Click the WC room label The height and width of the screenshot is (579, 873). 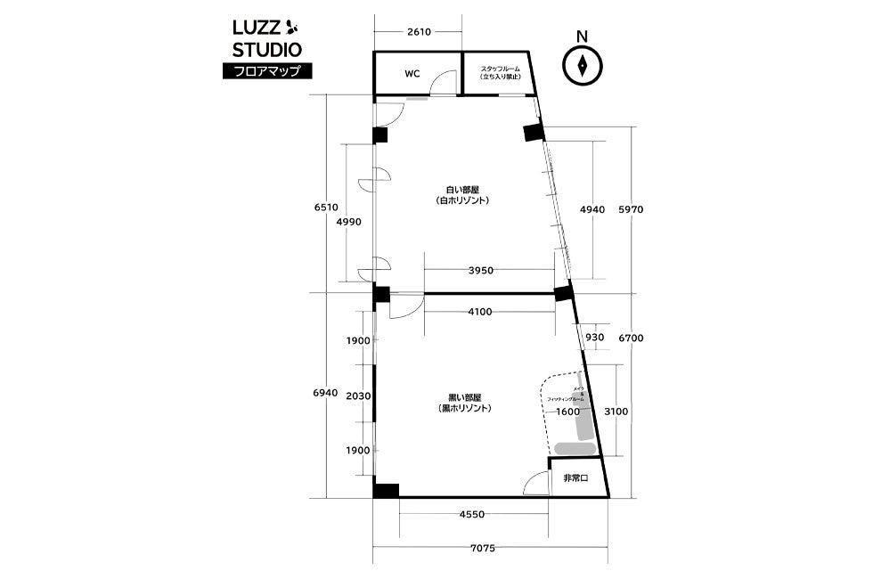click(412, 73)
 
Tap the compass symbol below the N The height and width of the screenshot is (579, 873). click(581, 65)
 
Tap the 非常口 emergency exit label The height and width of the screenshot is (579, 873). click(575, 478)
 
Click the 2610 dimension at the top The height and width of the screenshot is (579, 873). click(419, 31)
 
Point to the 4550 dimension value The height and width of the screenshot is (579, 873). click(472, 513)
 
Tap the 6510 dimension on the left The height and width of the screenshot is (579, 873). click(326, 207)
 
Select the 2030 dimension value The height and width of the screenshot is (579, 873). click(358, 396)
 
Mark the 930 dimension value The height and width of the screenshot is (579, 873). click(593, 338)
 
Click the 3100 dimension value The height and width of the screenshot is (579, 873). click(616, 412)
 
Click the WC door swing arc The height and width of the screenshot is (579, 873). click(439, 84)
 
